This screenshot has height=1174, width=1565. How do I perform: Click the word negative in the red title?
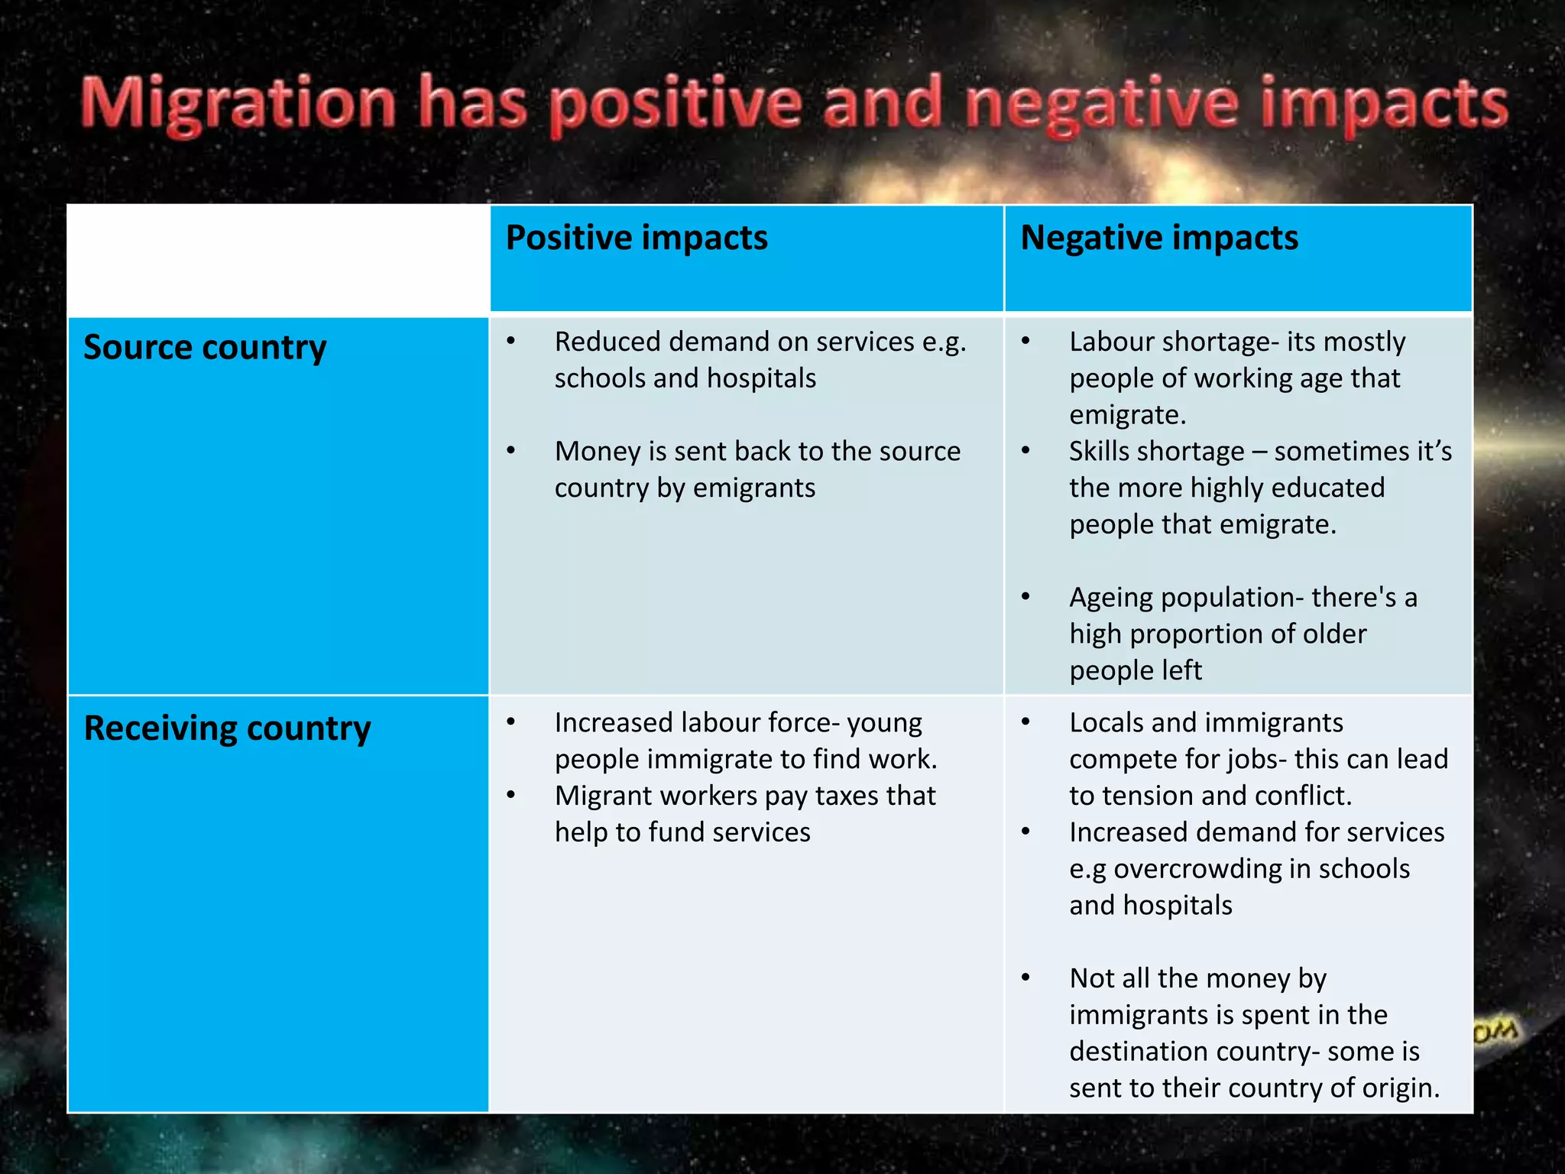pyautogui.click(x=1101, y=105)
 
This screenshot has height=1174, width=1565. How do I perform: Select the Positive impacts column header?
pyautogui.click(x=637, y=238)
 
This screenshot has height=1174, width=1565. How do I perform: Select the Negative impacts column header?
pyautogui.click(x=1159, y=238)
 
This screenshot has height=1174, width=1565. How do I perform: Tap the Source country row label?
pyautogui.click(x=205, y=348)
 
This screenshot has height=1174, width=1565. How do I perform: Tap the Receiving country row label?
pyautogui.click(x=227, y=728)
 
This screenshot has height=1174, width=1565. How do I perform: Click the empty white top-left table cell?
pyautogui.click(x=278, y=259)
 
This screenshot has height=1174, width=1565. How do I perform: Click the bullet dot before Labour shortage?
pyautogui.click(x=1026, y=342)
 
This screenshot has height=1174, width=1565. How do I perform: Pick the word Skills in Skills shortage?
pyautogui.click(x=1103, y=451)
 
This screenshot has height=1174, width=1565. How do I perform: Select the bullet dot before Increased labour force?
pyautogui.click(x=511, y=722)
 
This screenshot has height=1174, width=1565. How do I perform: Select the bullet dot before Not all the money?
pyautogui.click(x=1026, y=978)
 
